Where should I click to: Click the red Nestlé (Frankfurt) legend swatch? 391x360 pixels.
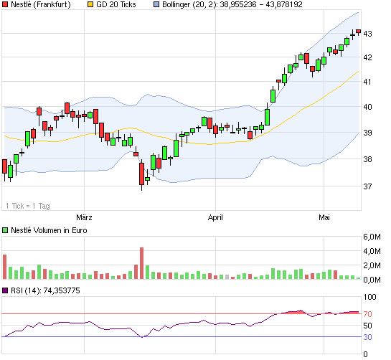pyautogui.click(x=6, y=5)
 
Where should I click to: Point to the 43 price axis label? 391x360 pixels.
pyautogui.click(x=368, y=34)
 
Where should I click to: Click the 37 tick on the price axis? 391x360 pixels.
pyautogui.click(x=368, y=186)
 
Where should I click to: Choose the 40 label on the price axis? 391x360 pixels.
pyautogui.click(x=368, y=107)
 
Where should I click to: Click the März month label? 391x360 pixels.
pyautogui.click(x=85, y=216)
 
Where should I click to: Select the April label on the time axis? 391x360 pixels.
pyautogui.click(x=216, y=216)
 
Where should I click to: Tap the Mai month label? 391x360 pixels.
pyautogui.click(x=324, y=216)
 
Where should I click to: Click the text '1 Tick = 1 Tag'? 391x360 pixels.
pyautogui.click(x=28, y=206)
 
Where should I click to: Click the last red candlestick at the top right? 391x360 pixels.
pyautogui.click(x=358, y=31)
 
